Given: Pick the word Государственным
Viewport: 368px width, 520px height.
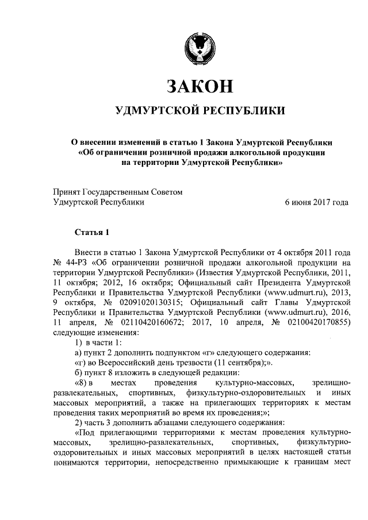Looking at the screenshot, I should coord(119,192).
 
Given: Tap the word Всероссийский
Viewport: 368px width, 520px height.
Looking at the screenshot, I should coord(127,363).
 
